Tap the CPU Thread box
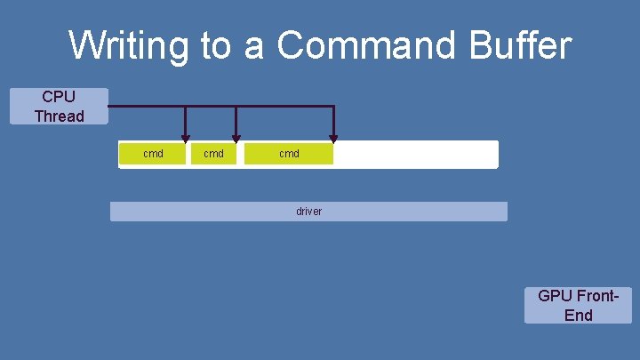59,106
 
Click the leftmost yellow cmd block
153,154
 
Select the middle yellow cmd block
213,154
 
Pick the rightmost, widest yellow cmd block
289,154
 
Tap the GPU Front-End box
578,305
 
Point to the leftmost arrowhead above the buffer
185,137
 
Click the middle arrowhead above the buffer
236,137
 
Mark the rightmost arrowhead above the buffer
333,137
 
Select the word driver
308,212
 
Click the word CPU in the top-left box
59,96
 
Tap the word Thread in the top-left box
59,116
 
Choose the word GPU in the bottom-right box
555,295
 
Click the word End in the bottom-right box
578,315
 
